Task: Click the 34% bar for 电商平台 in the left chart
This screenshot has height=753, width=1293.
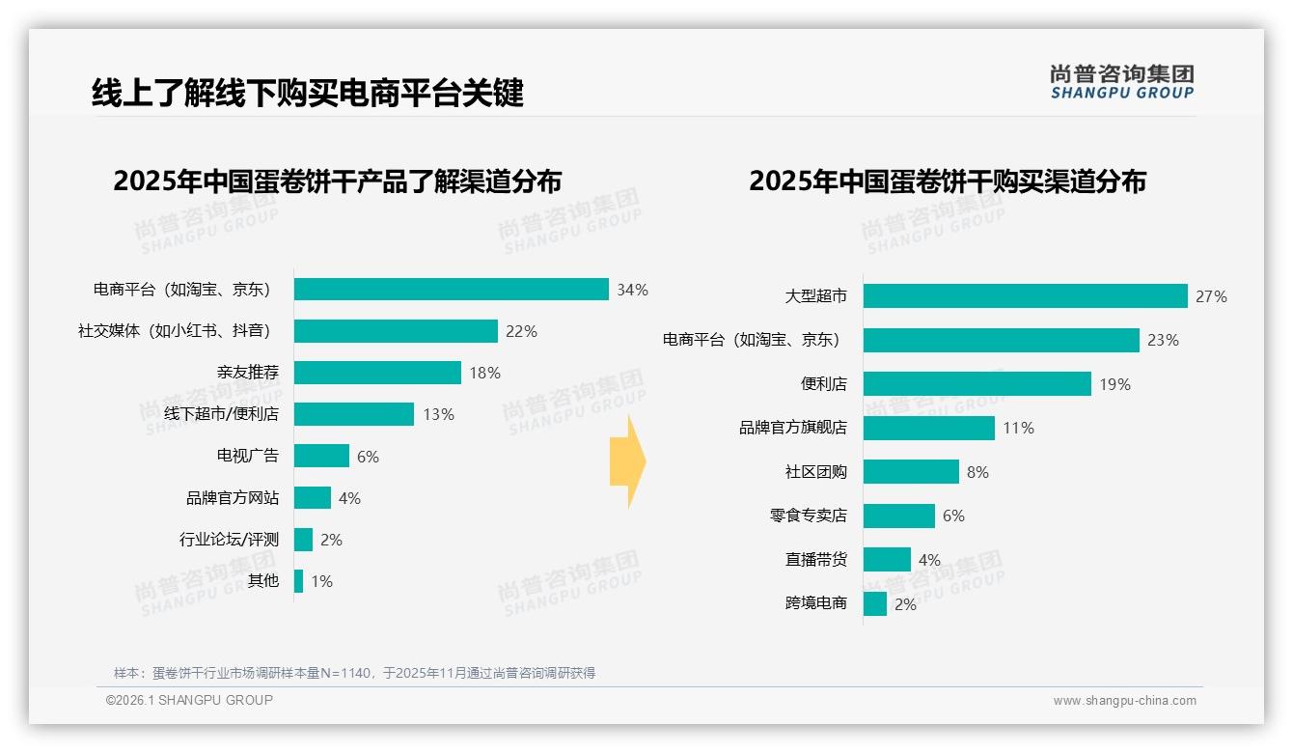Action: point(451,290)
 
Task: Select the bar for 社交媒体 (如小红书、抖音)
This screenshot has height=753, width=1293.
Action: point(396,331)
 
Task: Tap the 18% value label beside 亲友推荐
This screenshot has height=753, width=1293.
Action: point(484,373)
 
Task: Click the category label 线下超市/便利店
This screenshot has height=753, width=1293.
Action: point(221,414)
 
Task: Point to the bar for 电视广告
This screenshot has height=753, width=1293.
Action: point(321,456)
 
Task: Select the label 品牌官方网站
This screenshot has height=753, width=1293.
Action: point(233,498)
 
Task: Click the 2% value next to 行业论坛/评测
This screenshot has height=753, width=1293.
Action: point(331,540)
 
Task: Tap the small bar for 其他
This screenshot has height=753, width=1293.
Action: point(299,581)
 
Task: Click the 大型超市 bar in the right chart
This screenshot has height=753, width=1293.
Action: point(1025,296)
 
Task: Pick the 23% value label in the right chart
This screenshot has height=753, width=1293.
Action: point(1163,340)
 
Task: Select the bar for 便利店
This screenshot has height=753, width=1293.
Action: point(977,384)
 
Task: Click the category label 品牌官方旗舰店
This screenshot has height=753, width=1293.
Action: point(792,428)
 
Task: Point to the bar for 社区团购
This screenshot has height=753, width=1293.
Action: point(911,472)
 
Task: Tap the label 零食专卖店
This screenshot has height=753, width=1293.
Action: point(808,516)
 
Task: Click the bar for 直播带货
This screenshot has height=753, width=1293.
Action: point(887,560)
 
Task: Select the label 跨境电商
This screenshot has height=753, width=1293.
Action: point(815,603)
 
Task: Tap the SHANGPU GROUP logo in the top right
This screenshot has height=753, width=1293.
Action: point(1121,82)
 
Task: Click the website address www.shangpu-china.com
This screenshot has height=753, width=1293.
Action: point(1124,701)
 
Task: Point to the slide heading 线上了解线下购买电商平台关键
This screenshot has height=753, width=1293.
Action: point(307,94)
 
